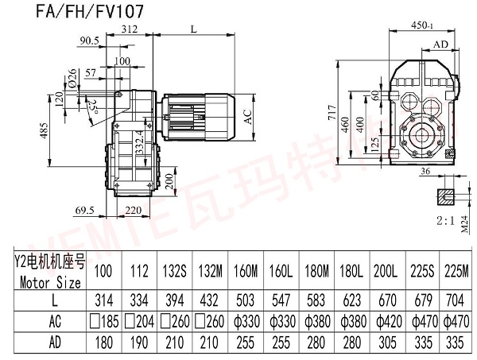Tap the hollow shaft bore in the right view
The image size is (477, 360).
tap(424, 132)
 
